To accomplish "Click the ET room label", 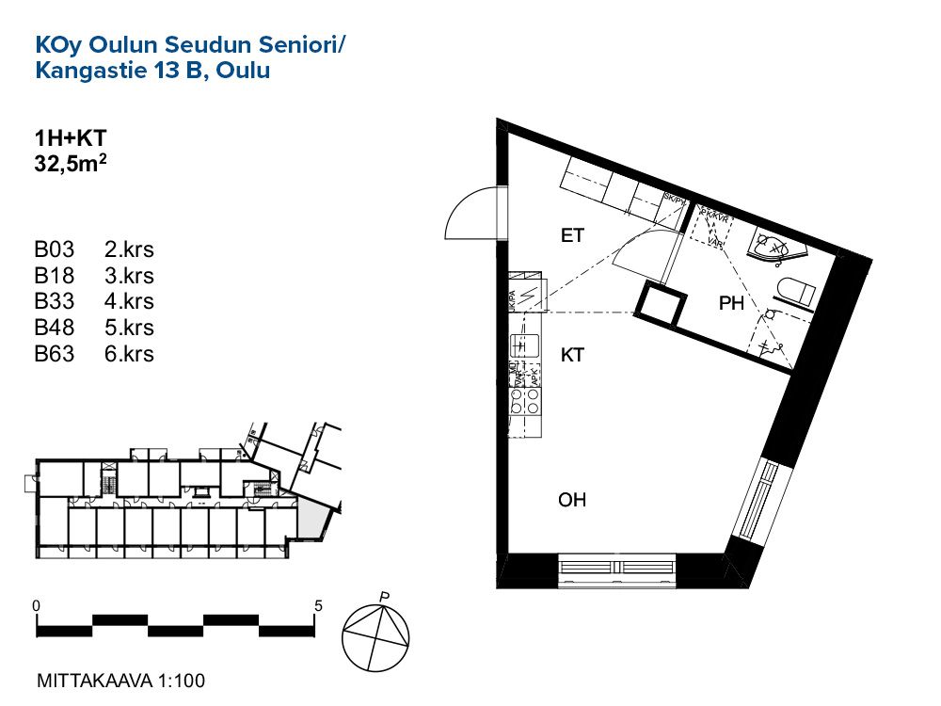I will click(x=572, y=235).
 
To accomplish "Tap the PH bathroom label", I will click(x=731, y=303).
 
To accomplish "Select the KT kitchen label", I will click(x=572, y=355).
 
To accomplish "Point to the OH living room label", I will click(x=572, y=500).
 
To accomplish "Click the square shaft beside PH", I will click(x=660, y=304).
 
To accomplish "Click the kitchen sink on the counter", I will click(x=523, y=345).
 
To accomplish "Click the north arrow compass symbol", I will click(x=377, y=637).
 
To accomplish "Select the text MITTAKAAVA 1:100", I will click(x=120, y=680).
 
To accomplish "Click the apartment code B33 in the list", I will click(x=54, y=302).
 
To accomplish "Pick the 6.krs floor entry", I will click(x=128, y=355).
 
